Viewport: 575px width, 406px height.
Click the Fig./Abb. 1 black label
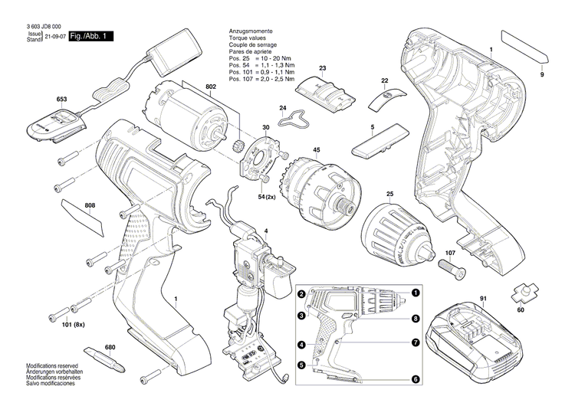(90, 37)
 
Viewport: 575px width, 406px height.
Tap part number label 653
(62, 100)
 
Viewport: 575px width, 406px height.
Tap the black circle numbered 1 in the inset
(415, 293)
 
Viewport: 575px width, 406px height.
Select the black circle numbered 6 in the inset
(415, 378)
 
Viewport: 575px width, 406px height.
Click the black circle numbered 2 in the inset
(302, 295)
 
